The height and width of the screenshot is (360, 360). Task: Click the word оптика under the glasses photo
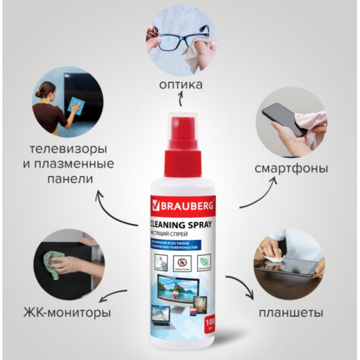181,85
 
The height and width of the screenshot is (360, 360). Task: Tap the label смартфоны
290,168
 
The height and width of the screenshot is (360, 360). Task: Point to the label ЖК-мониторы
68,313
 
